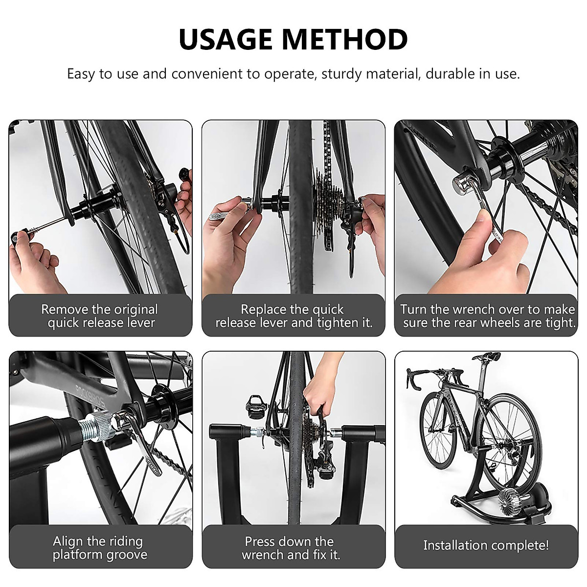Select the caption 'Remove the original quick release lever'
pyautogui.click(x=100, y=316)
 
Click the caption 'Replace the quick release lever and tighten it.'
pyautogui.click(x=293, y=316)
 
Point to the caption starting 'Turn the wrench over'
pyautogui.click(x=487, y=316)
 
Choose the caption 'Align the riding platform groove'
pyautogui.click(x=100, y=548)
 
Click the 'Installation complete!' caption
pyautogui.click(x=486, y=545)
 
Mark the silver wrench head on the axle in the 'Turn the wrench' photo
pyautogui.click(x=465, y=183)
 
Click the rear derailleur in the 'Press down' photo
pyautogui.click(x=313, y=460)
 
